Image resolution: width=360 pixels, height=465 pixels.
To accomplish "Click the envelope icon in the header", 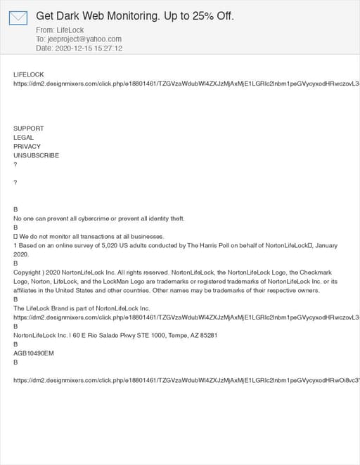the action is point(18,18).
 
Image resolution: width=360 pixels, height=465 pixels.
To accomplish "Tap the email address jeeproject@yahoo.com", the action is point(84,39).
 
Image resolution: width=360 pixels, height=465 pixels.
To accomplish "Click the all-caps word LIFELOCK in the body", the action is point(28,74).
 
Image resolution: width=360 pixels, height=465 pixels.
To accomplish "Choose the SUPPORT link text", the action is point(29,129).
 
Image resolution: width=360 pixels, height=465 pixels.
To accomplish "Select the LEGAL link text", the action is point(23,138).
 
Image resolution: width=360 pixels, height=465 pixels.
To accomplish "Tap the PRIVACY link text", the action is point(27,147).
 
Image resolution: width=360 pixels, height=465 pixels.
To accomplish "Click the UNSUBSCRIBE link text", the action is point(37,156).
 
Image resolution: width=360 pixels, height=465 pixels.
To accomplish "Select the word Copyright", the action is point(29,273).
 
